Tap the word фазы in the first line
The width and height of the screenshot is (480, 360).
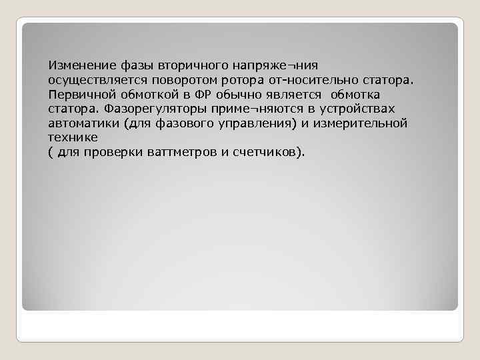(137, 65)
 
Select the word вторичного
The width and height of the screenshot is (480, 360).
(193, 65)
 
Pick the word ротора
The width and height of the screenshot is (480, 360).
(236, 80)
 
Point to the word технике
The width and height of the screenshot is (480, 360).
(72, 137)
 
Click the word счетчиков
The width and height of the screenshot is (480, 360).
(265, 152)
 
